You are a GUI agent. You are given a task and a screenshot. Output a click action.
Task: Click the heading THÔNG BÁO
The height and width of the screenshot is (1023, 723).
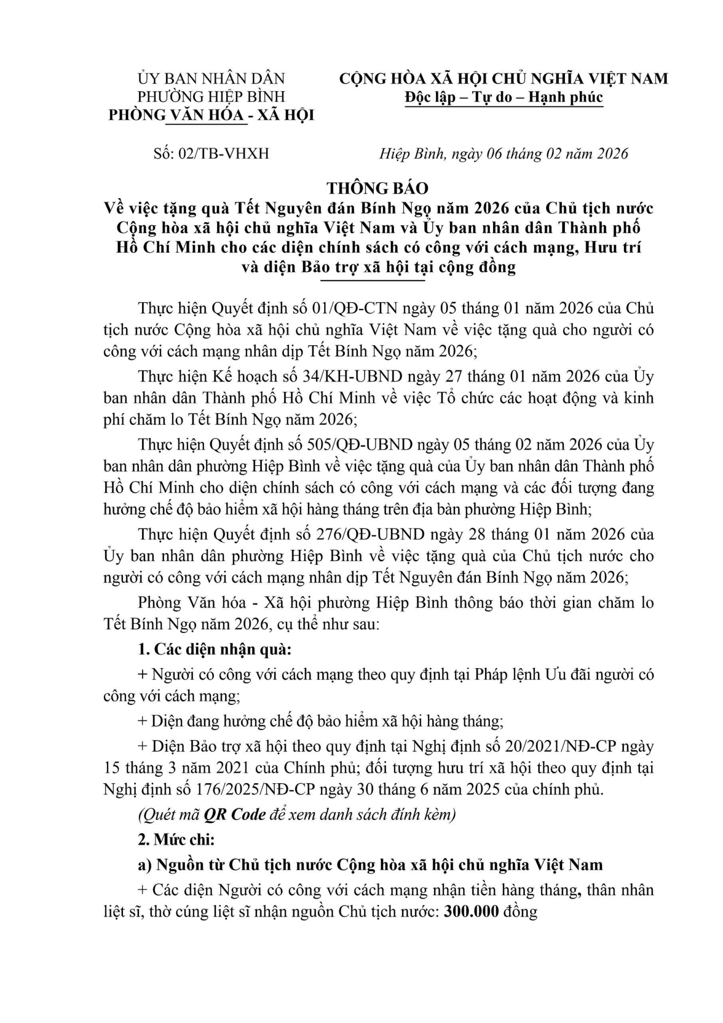377,188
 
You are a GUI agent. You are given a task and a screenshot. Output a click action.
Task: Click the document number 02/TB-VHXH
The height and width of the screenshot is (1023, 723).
229,154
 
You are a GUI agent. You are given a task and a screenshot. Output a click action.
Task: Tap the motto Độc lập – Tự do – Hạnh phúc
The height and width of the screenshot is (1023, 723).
504,97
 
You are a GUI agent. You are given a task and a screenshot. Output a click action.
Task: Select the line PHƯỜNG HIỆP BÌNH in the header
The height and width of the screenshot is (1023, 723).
211,96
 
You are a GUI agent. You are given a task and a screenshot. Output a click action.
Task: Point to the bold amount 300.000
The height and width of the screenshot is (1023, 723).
471,912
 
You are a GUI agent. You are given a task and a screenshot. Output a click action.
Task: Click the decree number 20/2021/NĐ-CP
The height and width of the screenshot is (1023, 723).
562,746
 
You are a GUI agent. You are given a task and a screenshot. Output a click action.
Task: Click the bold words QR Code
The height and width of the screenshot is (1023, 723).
234,815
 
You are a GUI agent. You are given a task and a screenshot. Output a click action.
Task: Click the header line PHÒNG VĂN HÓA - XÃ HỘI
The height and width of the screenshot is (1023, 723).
211,115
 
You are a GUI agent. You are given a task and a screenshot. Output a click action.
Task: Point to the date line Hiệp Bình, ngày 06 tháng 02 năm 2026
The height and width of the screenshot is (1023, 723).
504,154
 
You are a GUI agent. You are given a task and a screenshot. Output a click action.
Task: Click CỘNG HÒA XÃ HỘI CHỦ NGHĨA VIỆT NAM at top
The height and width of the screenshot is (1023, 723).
504,79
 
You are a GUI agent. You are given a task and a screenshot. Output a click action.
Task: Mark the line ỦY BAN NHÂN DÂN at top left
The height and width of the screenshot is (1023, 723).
211,79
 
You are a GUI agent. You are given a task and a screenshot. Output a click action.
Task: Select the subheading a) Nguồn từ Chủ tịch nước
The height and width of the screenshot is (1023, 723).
370,865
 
